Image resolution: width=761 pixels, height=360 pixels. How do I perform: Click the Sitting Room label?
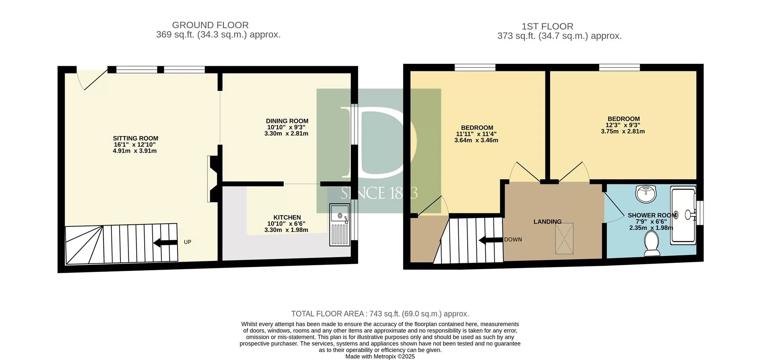tap(136, 138)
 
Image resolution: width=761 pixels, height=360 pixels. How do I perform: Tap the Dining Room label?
tap(287, 121)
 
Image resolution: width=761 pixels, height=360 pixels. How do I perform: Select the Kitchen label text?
tap(287, 217)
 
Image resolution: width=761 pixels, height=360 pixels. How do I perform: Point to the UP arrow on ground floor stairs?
tap(165, 242)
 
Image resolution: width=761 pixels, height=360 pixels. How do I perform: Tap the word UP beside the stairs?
tap(187, 242)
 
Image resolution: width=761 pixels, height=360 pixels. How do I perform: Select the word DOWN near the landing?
tap(513, 239)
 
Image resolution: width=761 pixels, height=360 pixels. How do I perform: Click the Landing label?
tap(547, 222)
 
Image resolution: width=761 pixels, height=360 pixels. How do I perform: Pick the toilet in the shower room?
tap(652, 243)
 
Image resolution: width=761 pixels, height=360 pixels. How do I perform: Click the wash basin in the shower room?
tap(646, 193)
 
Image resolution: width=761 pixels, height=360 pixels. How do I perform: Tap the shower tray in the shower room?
tap(683, 215)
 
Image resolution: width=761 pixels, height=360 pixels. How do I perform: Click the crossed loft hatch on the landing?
tap(564, 238)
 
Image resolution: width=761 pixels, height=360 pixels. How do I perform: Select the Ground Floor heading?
tap(210, 25)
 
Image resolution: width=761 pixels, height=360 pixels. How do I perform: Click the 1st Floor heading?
tap(547, 27)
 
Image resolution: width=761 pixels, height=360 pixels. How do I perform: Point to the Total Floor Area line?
tap(380, 314)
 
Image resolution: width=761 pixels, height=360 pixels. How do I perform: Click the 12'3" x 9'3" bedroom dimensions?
tap(623, 125)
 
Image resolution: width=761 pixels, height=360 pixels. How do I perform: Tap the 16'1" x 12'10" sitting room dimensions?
tap(135, 145)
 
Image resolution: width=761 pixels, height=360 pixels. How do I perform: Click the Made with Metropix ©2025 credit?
tap(380, 356)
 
